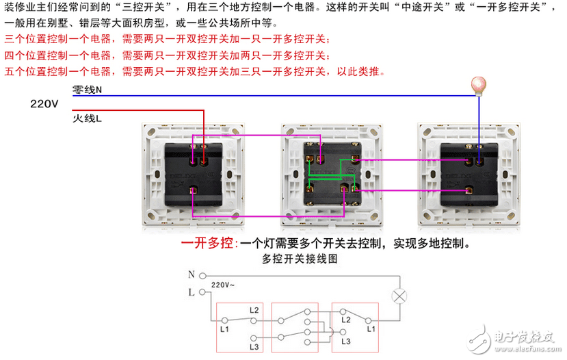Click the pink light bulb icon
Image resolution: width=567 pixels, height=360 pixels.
pyautogui.click(x=478, y=85)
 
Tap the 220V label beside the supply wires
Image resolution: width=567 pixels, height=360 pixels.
pyautogui.click(x=45, y=104)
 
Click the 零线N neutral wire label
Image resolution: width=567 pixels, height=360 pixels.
pyautogui.click(x=87, y=90)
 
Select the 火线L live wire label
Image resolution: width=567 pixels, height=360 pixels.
pyautogui.click(x=87, y=119)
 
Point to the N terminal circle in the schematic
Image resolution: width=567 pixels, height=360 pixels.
pyautogui.click(x=203, y=275)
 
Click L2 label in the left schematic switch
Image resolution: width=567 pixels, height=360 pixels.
pyautogui.click(x=254, y=310)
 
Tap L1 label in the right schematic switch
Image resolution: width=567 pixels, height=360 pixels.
pyautogui.click(x=371, y=329)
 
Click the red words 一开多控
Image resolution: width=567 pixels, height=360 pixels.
pyautogui.click(x=207, y=243)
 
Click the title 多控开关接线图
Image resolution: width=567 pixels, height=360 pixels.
pyautogui.click(x=300, y=259)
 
